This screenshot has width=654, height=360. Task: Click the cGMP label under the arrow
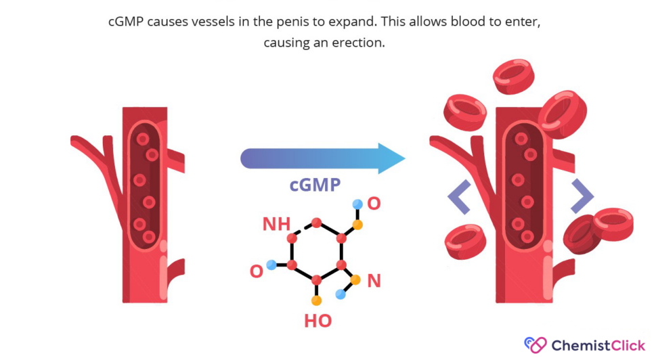[x=315, y=185]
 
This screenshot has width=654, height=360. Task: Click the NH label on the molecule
[x=276, y=224]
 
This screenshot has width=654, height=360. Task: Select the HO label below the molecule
[x=318, y=321]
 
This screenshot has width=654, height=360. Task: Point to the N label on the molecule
[x=374, y=281]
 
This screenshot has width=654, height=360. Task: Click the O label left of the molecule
[x=257, y=271]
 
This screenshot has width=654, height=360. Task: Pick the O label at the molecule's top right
[x=374, y=204]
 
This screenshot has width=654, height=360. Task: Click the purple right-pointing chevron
[x=582, y=196]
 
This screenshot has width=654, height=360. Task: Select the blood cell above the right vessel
[x=513, y=76]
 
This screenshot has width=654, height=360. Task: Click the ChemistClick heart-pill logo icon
[x=536, y=345]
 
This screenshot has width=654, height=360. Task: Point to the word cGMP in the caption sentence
[x=126, y=22]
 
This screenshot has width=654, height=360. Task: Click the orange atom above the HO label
[x=317, y=300]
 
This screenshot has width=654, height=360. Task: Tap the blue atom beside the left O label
[x=271, y=265]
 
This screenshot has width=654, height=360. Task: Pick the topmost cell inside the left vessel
[x=143, y=139]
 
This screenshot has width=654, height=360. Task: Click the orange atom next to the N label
[x=355, y=280]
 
